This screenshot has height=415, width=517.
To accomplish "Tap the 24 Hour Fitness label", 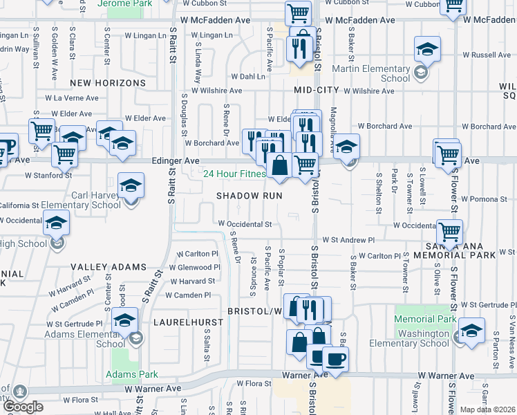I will pos(234,174).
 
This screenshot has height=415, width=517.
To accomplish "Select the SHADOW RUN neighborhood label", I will pos(250,196).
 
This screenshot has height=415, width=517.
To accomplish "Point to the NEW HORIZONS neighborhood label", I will pos(107,83).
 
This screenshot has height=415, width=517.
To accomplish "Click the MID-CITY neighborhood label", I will pos(316,91).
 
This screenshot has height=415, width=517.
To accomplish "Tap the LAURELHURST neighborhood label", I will pos(188,322).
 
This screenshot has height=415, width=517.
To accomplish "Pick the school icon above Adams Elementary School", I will pos(124,321).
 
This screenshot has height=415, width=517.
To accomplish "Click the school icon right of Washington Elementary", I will pos(471,331).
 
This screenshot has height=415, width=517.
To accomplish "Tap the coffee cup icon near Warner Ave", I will pos(335,359).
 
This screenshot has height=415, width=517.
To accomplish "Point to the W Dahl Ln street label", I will pos(248,77).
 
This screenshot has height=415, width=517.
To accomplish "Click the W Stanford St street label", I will pos(48,176).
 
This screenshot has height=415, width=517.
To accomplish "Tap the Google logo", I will pos(23,407).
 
